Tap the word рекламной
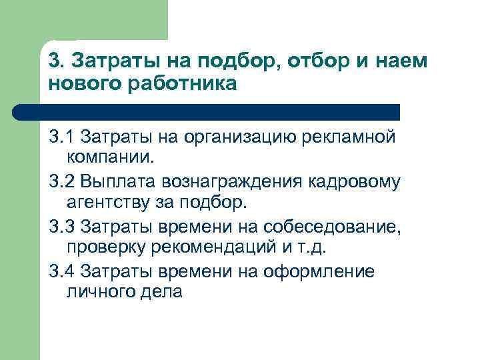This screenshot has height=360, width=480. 353,137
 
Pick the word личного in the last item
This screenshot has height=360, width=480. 94,293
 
